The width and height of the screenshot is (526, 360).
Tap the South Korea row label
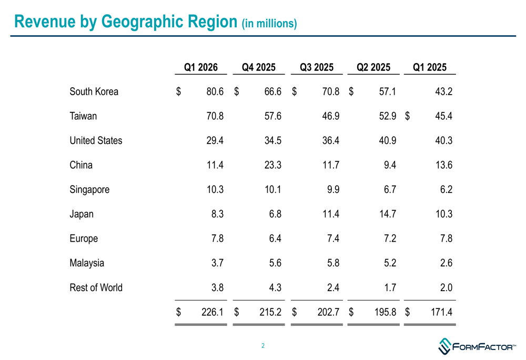click(94, 91)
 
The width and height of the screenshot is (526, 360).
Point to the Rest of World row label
click(96, 287)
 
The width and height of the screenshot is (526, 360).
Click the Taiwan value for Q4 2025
click(272, 116)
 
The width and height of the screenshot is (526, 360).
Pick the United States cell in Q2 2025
click(387, 140)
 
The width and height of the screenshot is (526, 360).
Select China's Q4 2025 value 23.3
click(272, 165)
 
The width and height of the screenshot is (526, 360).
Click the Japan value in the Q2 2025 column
click(387, 214)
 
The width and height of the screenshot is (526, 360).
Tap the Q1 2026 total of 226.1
click(213, 312)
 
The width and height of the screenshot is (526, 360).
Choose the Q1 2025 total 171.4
click(441, 312)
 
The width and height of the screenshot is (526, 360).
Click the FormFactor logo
click(477, 346)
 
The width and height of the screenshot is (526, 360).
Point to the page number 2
click(262, 346)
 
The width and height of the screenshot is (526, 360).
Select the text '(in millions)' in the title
click(269, 24)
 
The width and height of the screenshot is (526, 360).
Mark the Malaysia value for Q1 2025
click(446, 263)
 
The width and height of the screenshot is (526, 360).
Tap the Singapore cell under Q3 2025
click(332, 189)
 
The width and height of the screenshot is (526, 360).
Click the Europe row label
click(84, 239)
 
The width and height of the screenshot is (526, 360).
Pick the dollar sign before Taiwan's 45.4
click(407, 116)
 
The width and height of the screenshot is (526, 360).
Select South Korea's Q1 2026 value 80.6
click(215, 91)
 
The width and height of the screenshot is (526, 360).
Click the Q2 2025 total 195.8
click(385, 312)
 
